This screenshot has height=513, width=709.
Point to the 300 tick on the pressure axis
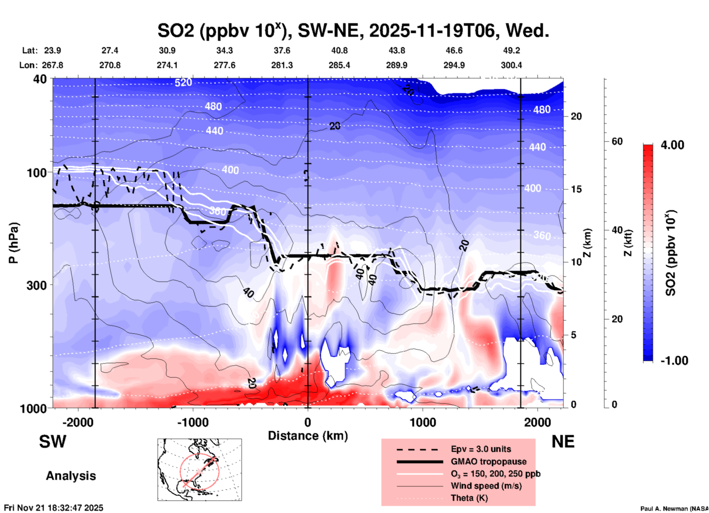coord(36,285)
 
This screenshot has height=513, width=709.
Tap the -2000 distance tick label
coord(78,422)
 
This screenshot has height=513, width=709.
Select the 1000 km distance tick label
coord(423,422)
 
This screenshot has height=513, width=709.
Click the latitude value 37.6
coord(282,50)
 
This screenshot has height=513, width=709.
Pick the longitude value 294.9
coord(454,65)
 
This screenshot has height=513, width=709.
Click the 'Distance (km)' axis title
coord(308,436)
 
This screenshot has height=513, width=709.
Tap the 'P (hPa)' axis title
coord(13,243)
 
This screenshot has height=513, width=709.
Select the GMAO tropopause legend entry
coord(488,461)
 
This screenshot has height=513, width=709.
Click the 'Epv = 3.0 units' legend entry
coord(481,449)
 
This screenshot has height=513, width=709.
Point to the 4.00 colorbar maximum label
coord(672,145)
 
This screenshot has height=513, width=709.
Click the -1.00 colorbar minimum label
coord(674,360)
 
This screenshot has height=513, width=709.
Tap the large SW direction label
coord(53,442)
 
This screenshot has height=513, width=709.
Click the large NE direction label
coord(563,442)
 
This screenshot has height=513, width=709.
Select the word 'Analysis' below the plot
coord(71,476)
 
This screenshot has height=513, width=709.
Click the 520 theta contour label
coord(183,82)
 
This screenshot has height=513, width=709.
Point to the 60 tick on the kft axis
coord(617,141)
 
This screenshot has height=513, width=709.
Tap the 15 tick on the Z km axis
coord(576,189)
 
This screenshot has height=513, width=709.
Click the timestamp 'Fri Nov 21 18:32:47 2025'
coord(54,508)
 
